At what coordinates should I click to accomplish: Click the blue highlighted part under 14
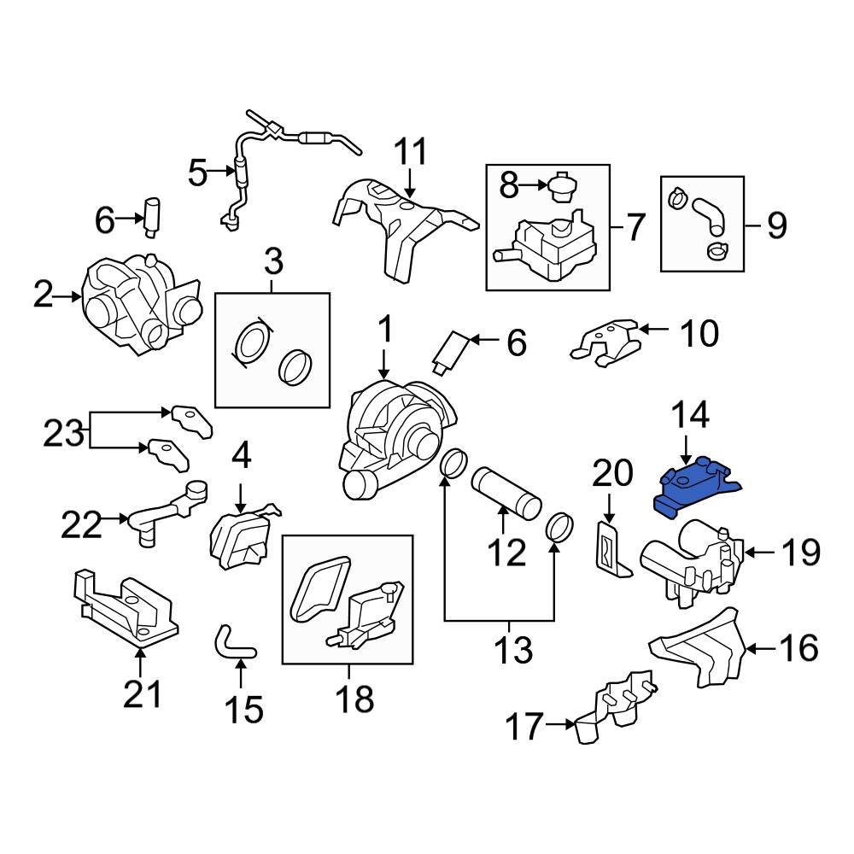click(696, 487)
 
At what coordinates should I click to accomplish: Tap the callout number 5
click(197, 174)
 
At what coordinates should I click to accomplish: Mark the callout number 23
click(65, 433)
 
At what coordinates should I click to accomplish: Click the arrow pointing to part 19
click(763, 553)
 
